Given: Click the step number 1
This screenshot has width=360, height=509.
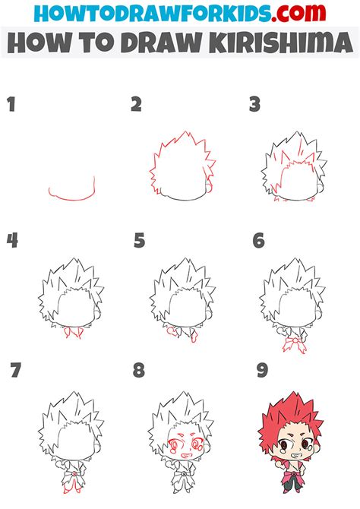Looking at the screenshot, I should pyautogui.click(x=11, y=104).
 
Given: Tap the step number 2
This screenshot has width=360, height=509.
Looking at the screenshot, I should pyautogui.click(x=136, y=104).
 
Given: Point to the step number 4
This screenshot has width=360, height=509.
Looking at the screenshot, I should pyautogui.click(x=12, y=242).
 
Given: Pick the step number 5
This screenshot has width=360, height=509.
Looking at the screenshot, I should pyautogui.click(x=139, y=242).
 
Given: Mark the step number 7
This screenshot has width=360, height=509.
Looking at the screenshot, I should pyautogui.click(x=16, y=371).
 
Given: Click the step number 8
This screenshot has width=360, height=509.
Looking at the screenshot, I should pyautogui.click(x=139, y=371).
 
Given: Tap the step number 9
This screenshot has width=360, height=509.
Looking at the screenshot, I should pyautogui.click(x=263, y=371).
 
